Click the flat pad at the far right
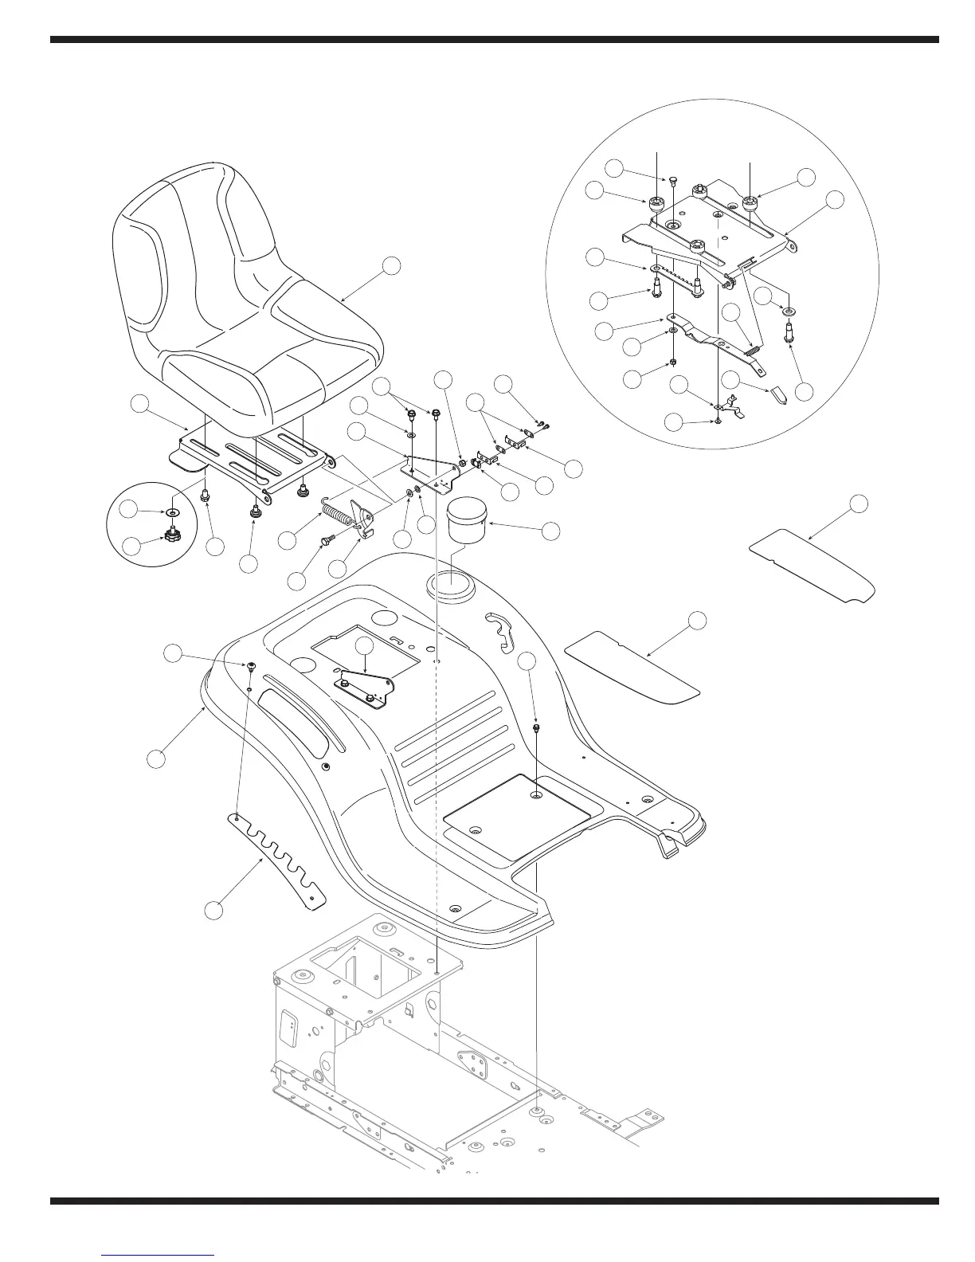click(812, 566)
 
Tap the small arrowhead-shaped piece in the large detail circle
click(779, 396)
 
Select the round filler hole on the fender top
click(451, 590)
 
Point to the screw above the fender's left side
click(252, 665)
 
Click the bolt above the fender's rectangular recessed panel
click(536, 727)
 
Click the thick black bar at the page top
click(494, 39)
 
